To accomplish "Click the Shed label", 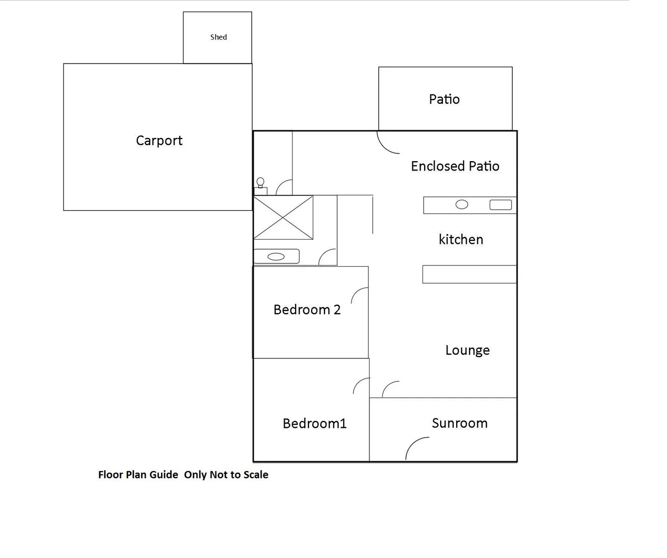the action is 219,37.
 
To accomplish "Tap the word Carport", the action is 159,141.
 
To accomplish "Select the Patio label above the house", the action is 444,99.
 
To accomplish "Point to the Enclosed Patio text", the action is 455,166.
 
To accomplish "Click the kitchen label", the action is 461,239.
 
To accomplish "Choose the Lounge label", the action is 468,350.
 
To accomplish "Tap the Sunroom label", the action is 460,423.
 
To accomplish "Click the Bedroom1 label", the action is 315,424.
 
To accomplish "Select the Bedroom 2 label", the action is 307,309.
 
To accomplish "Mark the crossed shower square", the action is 283,217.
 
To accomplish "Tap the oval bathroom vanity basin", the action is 276,256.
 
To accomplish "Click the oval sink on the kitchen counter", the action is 462,205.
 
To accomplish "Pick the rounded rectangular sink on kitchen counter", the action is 500,205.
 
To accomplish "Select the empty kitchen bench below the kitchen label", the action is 469,274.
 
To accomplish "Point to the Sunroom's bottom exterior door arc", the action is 416,448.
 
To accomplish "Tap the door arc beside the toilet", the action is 285,187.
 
